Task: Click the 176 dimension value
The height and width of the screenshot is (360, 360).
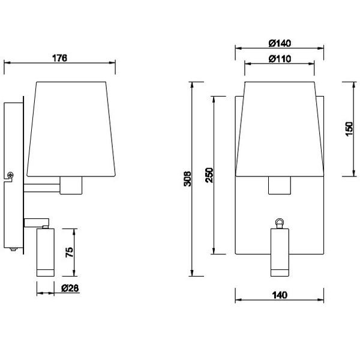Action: click(x=58, y=58)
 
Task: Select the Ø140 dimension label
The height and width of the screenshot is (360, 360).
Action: click(x=279, y=43)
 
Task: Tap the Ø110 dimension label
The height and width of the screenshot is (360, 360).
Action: click(x=279, y=58)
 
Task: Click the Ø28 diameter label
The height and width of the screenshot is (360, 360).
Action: click(x=71, y=288)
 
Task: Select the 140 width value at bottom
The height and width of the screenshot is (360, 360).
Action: click(x=279, y=295)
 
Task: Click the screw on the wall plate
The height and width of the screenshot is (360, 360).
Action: click(x=10, y=175)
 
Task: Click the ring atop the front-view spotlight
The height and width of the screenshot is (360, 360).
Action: click(x=279, y=223)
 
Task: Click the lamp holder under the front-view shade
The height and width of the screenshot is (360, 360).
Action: click(x=279, y=185)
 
